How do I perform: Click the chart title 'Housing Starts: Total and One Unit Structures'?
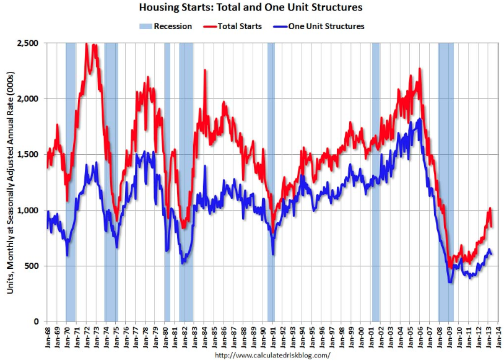(x=251, y=8)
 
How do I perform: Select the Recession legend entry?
(x=165, y=26)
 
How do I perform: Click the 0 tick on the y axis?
(x=37, y=321)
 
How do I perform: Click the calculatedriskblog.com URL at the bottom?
(x=272, y=356)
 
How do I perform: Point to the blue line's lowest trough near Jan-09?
(x=450, y=282)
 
